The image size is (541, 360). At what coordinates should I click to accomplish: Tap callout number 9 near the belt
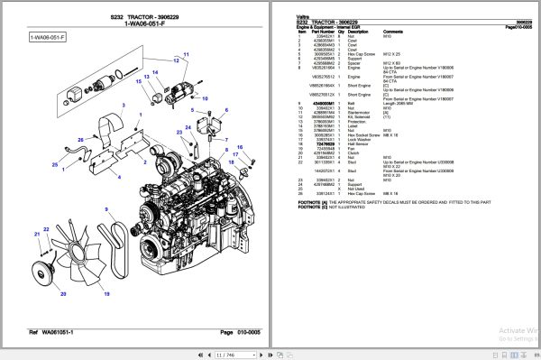[x=106, y=209]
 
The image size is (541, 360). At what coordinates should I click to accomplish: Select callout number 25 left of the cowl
[x=54, y=165]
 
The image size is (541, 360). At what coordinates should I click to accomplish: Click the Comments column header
[x=392, y=31]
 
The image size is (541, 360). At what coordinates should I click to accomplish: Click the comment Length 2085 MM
[x=399, y=104]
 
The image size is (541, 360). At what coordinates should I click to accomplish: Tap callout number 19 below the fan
[x=107, y=294]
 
